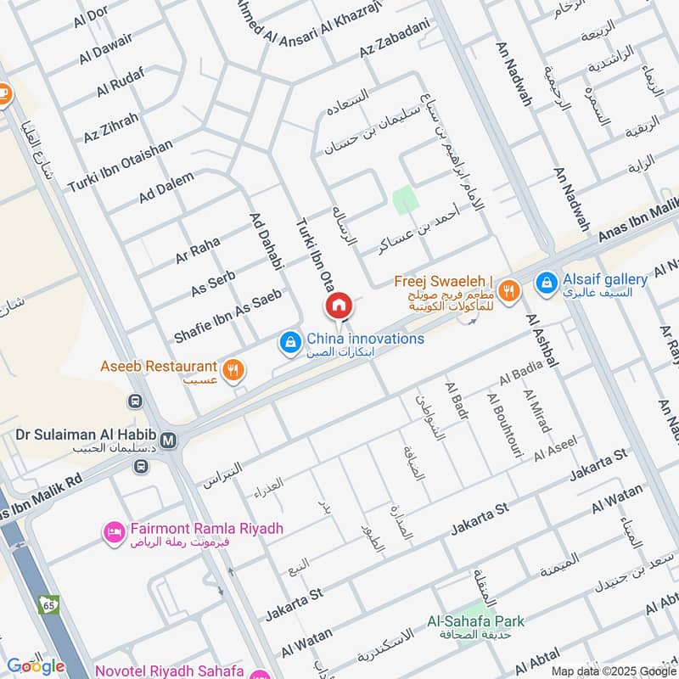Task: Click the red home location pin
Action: coord(338,305)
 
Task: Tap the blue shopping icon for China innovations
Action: coord(290,341)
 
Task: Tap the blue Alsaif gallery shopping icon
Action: coord(547,279)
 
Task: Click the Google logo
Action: coord(36,666)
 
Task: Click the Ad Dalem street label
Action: coord(166,188)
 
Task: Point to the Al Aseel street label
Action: coord(555,450)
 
